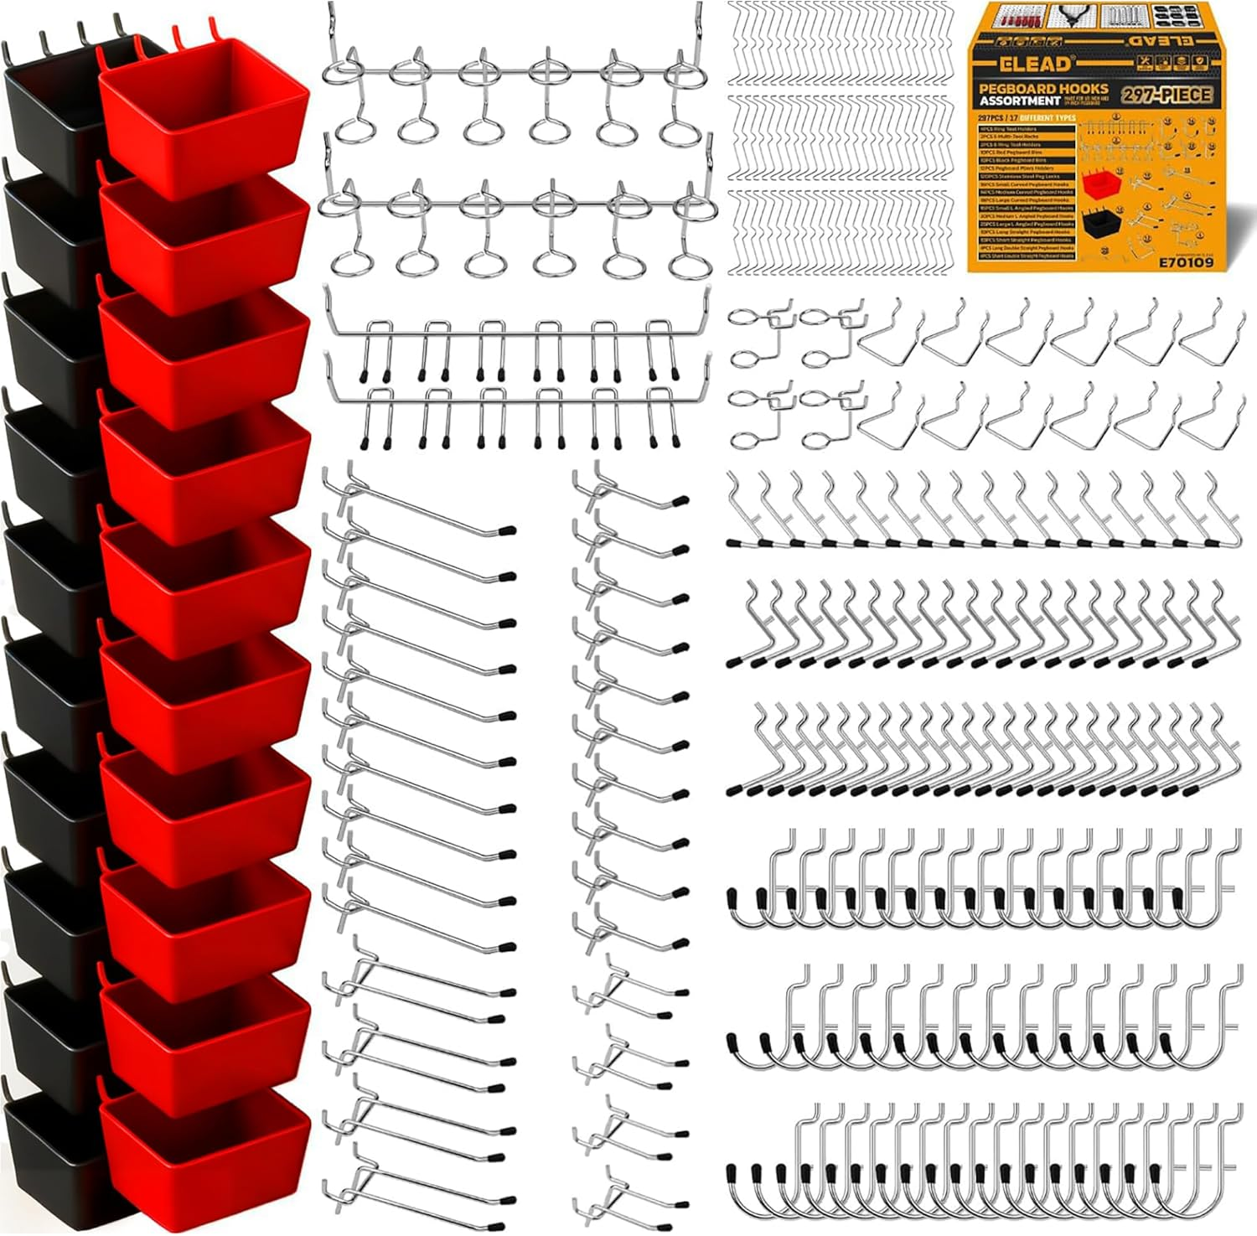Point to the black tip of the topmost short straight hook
[x=680, y=503]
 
